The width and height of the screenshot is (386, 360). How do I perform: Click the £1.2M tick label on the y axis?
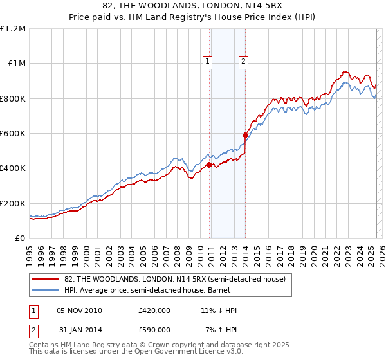13,29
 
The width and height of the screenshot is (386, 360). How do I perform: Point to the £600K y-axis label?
13,134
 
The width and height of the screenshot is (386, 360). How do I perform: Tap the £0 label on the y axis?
19,238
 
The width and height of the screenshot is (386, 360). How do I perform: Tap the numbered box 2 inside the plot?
244,62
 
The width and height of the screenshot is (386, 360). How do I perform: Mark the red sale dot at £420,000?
210,165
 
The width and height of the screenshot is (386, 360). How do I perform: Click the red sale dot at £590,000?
245,136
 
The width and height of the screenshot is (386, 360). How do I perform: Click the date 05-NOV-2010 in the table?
80,310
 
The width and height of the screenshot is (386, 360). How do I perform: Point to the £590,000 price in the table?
154,330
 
